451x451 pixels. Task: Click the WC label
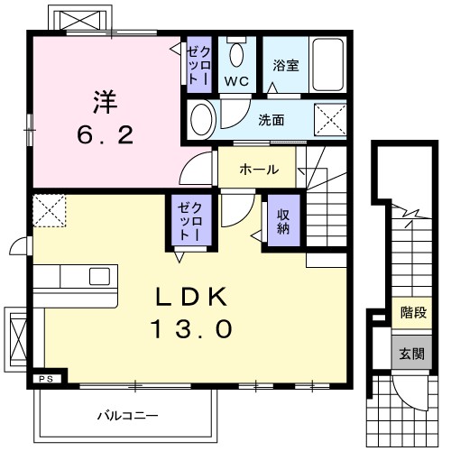236,80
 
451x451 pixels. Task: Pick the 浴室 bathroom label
286,66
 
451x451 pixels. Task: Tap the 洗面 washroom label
272,119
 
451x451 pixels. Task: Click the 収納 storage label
281,220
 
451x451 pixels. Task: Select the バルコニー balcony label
127,416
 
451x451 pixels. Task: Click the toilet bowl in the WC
236,54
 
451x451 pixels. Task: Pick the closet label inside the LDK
186,222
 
